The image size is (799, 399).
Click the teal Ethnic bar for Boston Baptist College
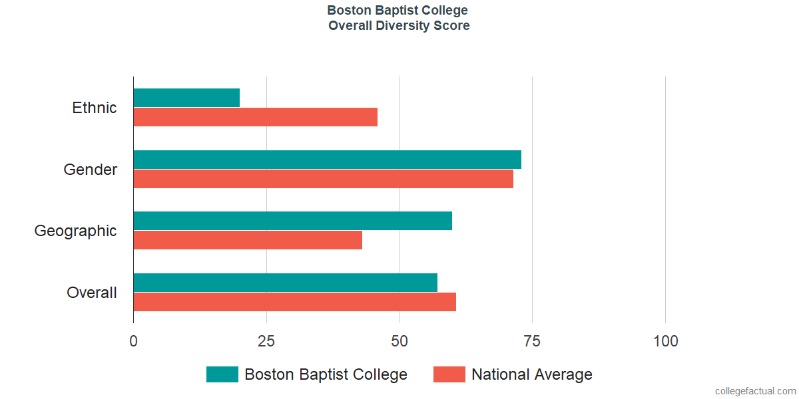point(186,98)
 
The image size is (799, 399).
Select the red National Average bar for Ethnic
point(256,117)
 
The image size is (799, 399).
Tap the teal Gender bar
point(327,160)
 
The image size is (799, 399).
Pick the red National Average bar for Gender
point(323,179)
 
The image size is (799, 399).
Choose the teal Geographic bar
point(292,221)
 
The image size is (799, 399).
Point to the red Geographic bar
point(248,240)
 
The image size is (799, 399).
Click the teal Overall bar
point(285,283)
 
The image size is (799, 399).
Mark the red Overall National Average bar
point(294,302)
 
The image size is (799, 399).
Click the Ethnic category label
point(95,108)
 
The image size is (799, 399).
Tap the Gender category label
point(91,170)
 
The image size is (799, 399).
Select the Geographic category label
point(76,231)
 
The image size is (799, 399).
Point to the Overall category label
point(92,293)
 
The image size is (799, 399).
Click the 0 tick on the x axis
point(134,341)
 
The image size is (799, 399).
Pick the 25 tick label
point(266,341)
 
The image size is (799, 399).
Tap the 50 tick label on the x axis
point(400,341)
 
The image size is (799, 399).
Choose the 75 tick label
point(532,341)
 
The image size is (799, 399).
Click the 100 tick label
point(665,341)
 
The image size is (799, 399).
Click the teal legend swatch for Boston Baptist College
point(222,374)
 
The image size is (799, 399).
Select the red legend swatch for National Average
point(449,374)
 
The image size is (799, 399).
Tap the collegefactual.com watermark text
point(755,391)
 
